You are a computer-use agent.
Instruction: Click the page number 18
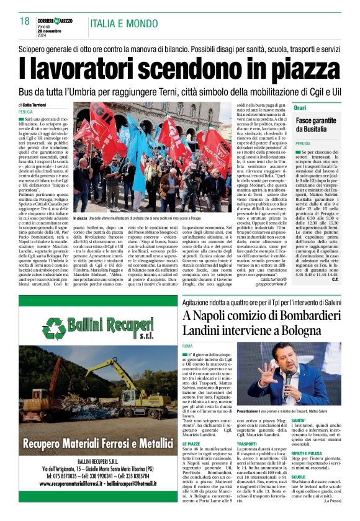point(25,22)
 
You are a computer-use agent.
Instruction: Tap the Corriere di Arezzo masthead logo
point(55,21)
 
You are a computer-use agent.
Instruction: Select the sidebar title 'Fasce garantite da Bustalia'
point(317,124)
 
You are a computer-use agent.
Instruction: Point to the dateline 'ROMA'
point(188,344)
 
